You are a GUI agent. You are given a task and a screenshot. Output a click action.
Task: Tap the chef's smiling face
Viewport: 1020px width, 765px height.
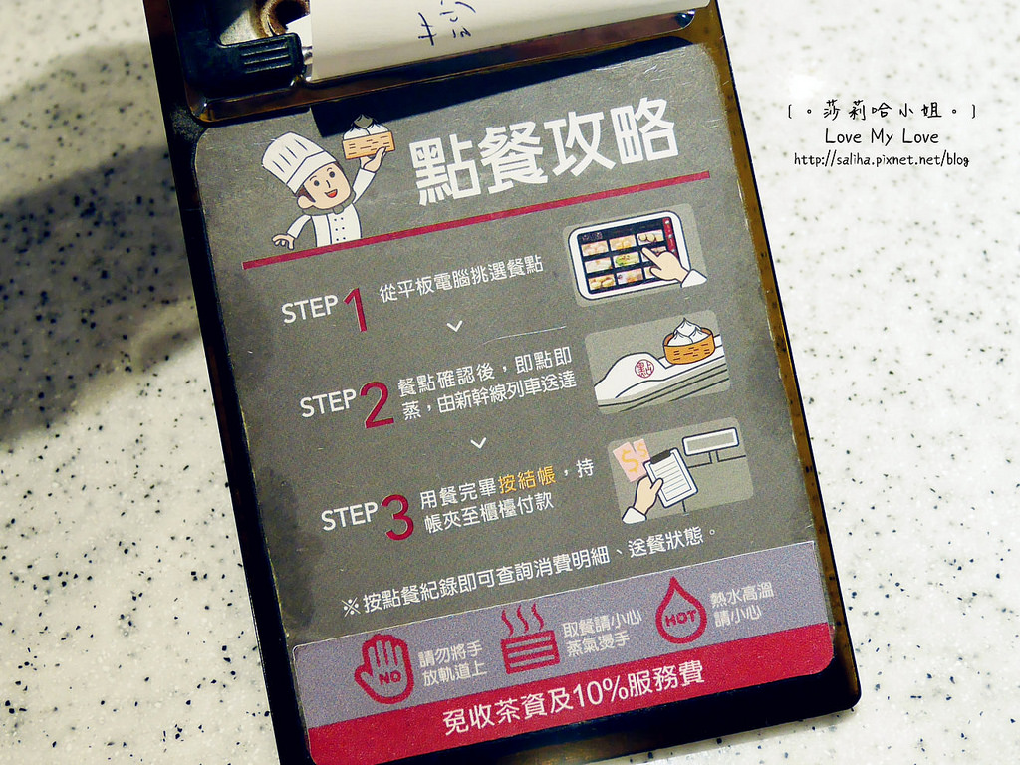(326, 187)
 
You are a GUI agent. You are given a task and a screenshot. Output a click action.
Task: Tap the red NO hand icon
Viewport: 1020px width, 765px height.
(383, 667)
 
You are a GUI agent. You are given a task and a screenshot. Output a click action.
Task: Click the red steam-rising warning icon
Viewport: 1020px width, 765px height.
(529, 639)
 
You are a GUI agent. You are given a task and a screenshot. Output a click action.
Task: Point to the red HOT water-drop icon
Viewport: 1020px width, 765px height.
(680, 610)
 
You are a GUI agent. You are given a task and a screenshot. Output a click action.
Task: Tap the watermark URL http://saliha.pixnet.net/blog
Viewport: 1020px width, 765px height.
(881, 159)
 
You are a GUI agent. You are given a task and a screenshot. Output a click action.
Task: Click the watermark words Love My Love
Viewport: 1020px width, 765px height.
(881, 136)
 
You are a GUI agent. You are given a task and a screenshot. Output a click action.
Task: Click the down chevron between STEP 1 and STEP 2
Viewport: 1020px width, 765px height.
(455, 326)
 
